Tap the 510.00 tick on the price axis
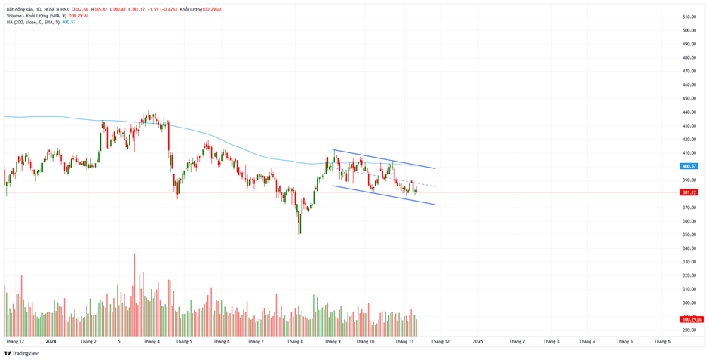click(x=689, y=17)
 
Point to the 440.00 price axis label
click(x=689, y=112)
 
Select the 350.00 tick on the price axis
click(x=689, y=235)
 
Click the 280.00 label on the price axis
click(x=689, y=331)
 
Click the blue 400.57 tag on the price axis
click(x=689, y=166)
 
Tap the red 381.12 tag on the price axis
click(x=689, y=192)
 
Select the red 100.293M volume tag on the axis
click(x=691, y=320)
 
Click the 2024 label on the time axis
click(x=51, y=341)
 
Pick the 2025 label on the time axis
click(x=477, y=341)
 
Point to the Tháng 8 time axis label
click(x=295, y=341)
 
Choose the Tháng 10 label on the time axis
click(x=365, y=341)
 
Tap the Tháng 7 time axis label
click(x=256, y=341)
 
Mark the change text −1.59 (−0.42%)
click(x=162, y=9)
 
